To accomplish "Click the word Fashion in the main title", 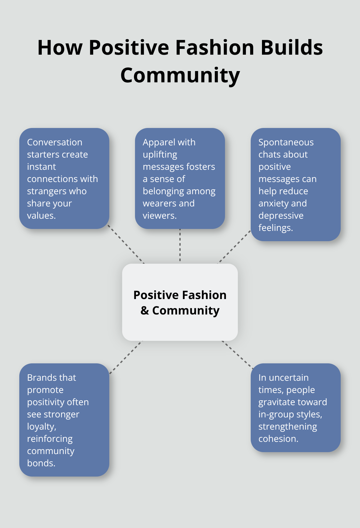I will click(215, 48).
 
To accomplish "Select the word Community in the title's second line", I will click(180, 75).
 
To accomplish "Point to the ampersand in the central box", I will click(145, 311).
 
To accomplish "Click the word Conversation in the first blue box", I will click(55, 142).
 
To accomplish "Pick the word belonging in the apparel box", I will click(163, 191).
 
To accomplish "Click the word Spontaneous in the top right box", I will click(286, 142).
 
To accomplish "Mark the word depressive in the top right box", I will click(281, 215).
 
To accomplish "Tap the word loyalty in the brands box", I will click(41, 426).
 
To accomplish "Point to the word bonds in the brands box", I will click(41, 463).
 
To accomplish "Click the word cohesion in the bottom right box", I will click(278, 439).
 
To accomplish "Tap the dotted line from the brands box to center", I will click(126, 357).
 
